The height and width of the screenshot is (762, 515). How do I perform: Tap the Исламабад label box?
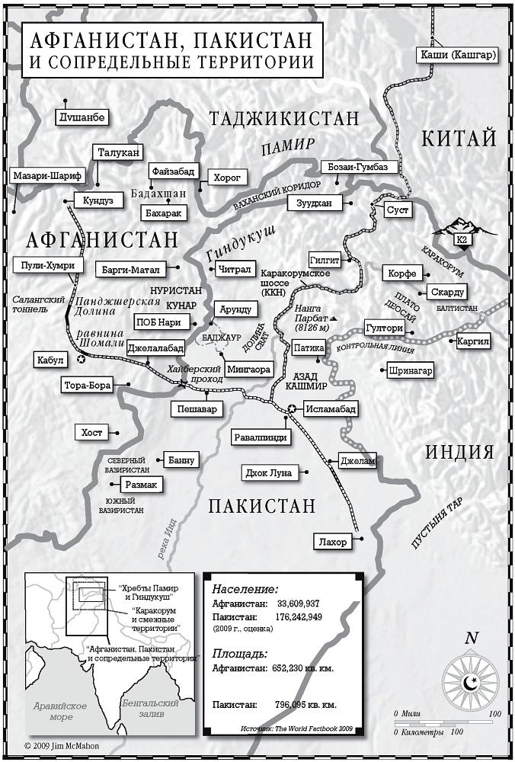pos(329,409)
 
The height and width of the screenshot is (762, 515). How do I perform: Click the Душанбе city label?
pos(82,117)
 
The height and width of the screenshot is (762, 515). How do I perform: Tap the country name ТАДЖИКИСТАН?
pos(283,118)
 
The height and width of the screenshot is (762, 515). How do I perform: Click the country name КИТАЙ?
pos(459,138)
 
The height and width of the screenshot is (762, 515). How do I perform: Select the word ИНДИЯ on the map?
pos(459,451)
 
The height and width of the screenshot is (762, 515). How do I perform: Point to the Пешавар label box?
pos(197,409)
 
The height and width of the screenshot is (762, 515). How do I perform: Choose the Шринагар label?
pos(411,371)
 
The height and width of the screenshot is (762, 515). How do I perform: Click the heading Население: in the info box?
pos(245,589)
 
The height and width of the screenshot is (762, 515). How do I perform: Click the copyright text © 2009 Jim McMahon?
pos(61,746)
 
